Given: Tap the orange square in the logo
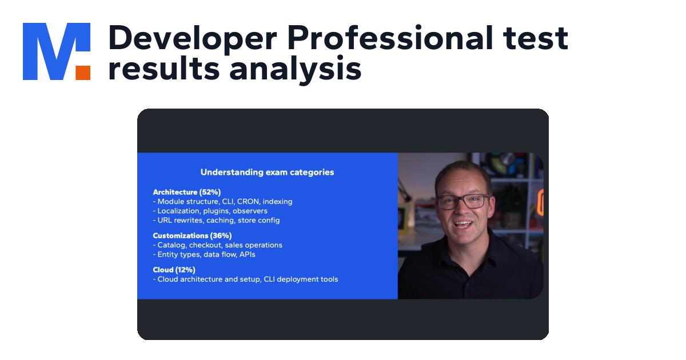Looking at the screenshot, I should [83, 72].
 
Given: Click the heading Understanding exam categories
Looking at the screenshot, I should [267, 172].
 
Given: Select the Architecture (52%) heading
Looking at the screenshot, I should [186, 192].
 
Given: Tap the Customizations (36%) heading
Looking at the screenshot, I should [192, 235].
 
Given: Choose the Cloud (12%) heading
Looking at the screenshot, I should [174, 270].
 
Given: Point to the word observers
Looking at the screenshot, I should [249, 211].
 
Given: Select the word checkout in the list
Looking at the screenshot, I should [207, 245].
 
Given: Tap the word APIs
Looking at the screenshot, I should [247, 254].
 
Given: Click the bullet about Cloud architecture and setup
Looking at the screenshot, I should [246, 279].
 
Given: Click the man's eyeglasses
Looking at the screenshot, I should [463, 202].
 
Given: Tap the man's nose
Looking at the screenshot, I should [464, 211].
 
